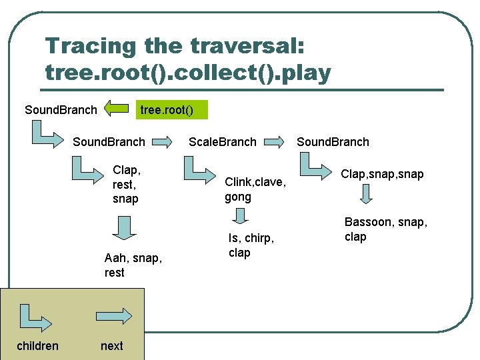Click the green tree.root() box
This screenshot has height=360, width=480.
(x=172, y=109)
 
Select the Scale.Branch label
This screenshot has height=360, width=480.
(x=222, y=141)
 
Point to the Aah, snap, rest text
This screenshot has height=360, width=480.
(x=133, y=265)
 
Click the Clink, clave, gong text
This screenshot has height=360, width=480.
(x=255, y=189)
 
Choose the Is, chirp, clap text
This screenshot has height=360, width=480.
(x=251, y=245)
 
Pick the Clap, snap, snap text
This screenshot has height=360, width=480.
(x=382, y=173)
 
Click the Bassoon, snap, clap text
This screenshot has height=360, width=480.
(x=385, y=229)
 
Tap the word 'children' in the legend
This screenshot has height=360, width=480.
(x=37, y=345)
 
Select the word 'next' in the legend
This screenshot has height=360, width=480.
(x=111, y=345)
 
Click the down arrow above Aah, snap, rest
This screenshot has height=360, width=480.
(x=123, y=227)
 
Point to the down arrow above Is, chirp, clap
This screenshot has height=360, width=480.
(x=241, y=215)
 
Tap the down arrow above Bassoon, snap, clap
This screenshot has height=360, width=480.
(x=366, y=195)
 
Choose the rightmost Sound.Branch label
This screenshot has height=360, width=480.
(x=333, y=141)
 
